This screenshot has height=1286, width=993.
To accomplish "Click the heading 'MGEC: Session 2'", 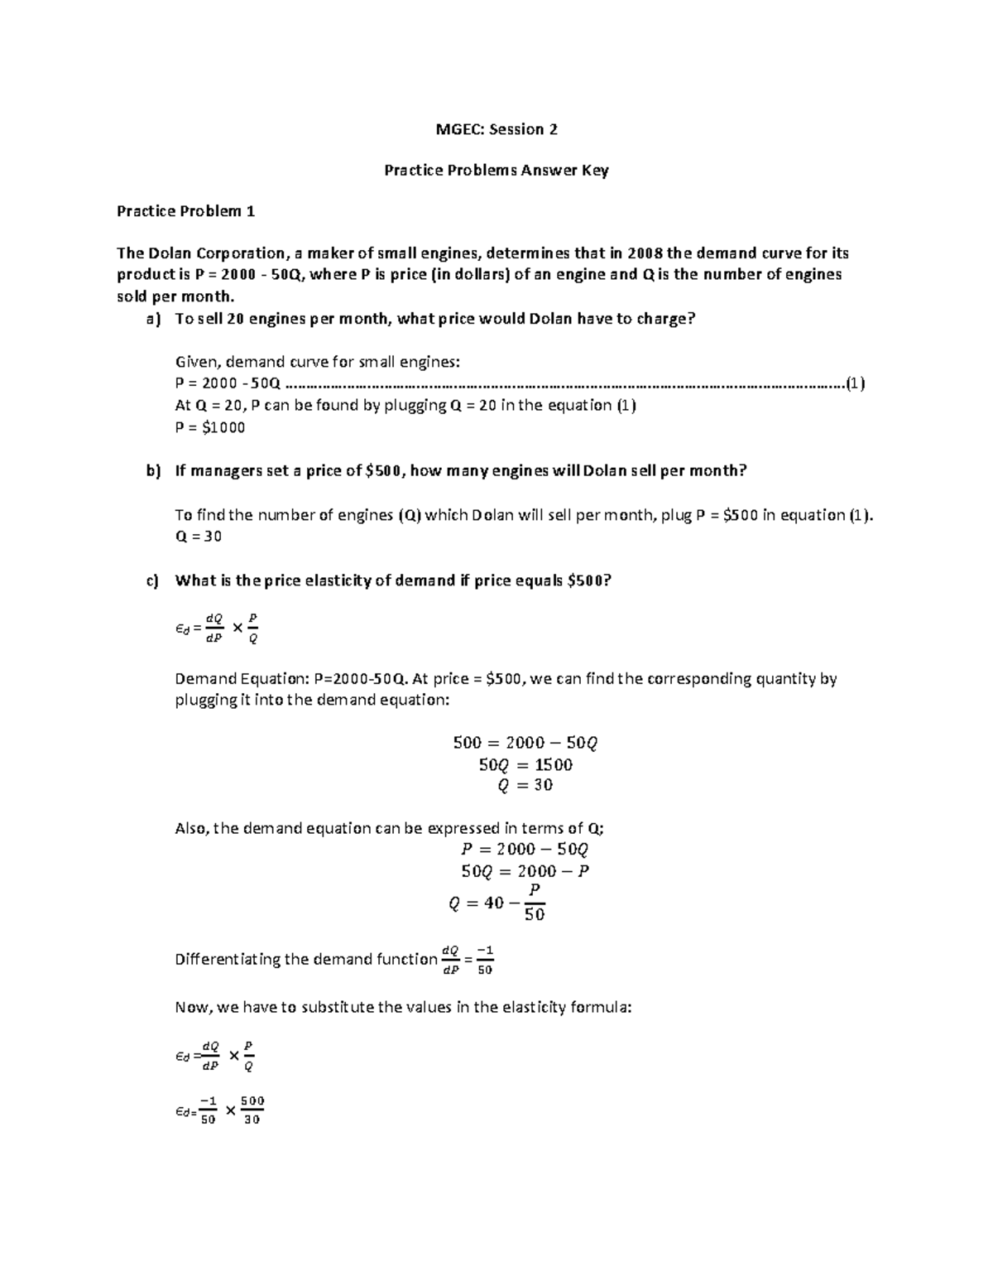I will tap(496, 129).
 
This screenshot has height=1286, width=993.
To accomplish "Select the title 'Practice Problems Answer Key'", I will tap(496, 171).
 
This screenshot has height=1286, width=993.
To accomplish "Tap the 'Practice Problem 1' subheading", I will tap(185, 211).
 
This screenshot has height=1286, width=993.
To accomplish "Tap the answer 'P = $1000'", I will tap(210, 427).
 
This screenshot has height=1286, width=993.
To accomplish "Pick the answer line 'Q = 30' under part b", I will tap(199, 536).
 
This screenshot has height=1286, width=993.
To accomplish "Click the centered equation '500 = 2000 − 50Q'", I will tap(525, 743).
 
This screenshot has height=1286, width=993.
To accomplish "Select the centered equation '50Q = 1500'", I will tap(525, 764).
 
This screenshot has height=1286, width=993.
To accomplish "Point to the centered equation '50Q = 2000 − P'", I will tap(525, 870).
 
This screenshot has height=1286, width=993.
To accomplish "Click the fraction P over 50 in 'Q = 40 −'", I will tap(535, 902).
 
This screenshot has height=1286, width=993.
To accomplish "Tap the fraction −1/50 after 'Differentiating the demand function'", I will tap(485, 960).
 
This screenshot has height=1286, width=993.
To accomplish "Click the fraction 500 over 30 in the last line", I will tap(252, 1110).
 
